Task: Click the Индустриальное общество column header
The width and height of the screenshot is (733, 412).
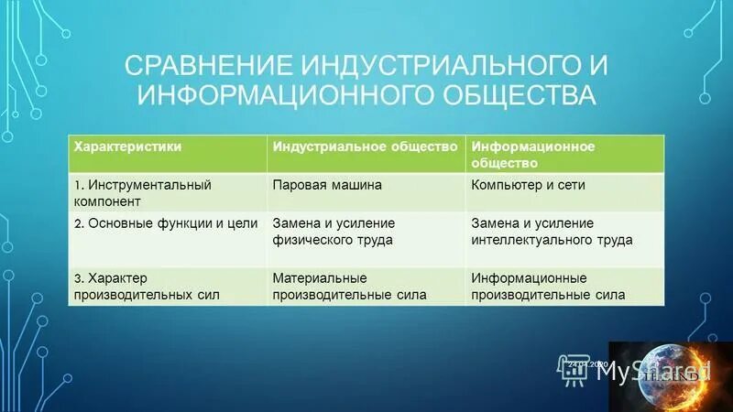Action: point(364,146)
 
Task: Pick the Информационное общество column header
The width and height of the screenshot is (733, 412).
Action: point(532,154)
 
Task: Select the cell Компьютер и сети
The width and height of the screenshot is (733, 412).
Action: point(528,185)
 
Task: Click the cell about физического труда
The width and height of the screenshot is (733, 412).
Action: point(333,232)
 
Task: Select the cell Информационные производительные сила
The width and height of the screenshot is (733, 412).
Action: point(548,286)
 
